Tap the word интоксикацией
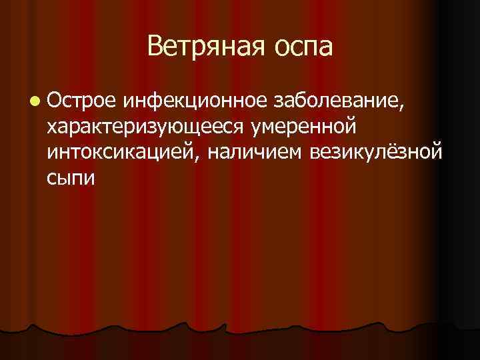pos(123,152)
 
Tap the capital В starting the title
pos(155,47)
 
